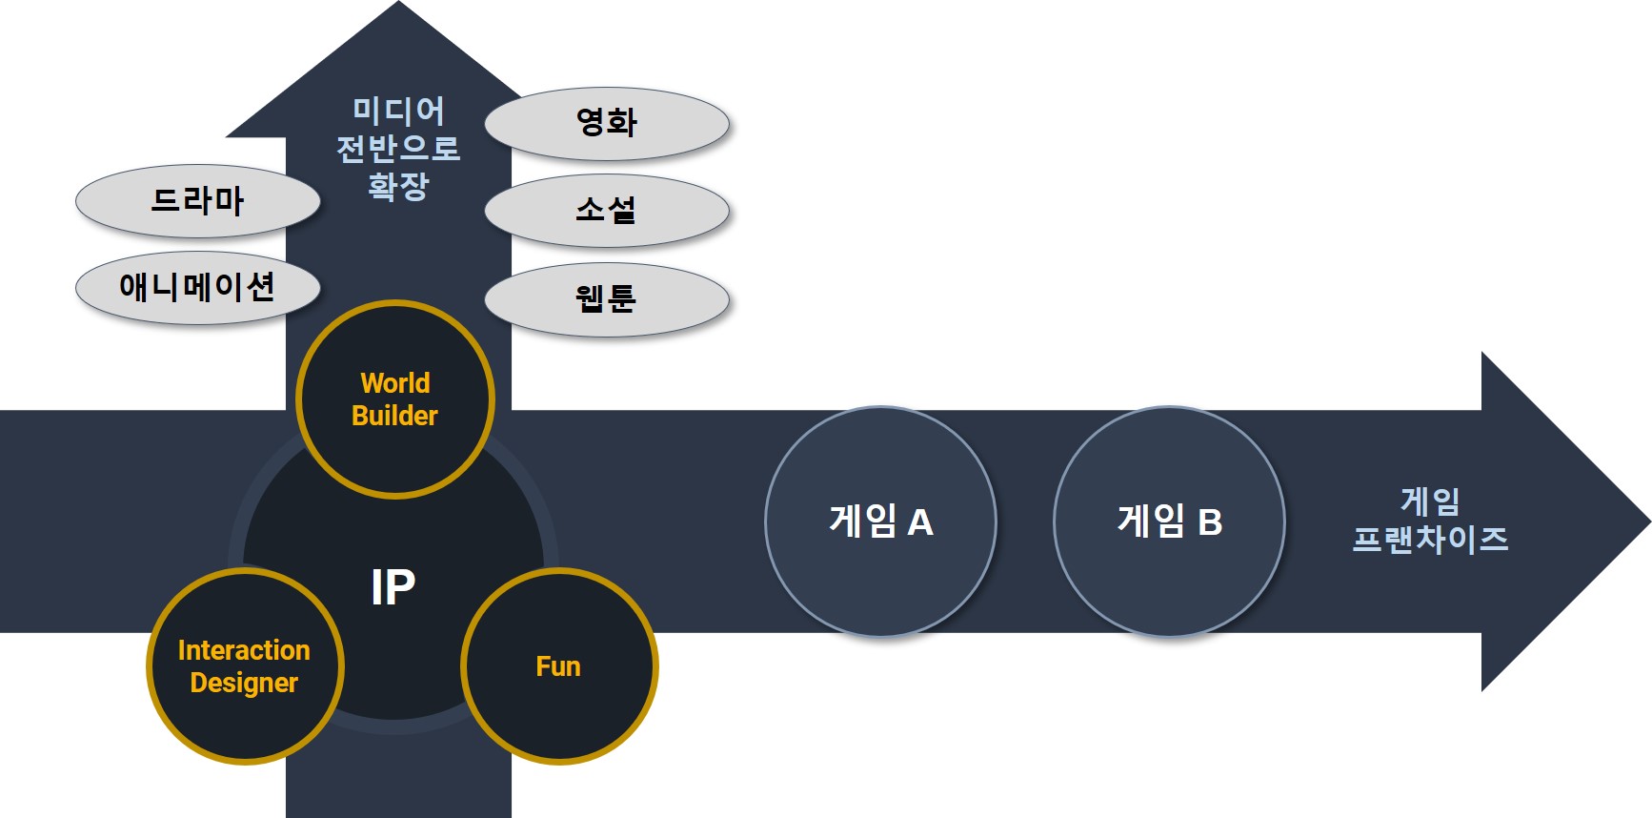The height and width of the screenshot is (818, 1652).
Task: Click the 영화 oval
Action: point(607,124)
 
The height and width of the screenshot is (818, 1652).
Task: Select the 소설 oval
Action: point(607,210)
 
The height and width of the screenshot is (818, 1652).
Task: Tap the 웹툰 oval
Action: point(607,299)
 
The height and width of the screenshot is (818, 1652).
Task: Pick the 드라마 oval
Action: point(197,201)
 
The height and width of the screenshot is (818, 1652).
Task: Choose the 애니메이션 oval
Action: point(197,287)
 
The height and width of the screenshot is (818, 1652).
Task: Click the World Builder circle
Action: point(394,399)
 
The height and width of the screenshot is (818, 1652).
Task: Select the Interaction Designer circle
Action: point(245,666)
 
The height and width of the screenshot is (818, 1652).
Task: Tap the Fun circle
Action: point(559,666)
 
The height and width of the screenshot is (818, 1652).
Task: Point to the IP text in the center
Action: point(393,587)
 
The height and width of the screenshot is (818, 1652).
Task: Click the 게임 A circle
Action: point(880,521)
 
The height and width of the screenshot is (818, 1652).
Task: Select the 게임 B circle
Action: point(1169,521)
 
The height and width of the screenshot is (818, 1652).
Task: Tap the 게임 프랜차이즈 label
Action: point(1430,521)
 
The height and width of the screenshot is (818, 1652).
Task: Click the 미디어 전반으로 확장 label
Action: point(398,148)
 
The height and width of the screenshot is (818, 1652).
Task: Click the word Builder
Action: point(394,416)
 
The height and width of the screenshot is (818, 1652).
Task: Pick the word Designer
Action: point(244,683)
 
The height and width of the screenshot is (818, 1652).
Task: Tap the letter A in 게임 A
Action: point(919,522)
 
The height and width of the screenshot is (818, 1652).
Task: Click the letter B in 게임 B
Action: point(1209,522)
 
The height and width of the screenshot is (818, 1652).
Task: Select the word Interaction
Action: point(244,650)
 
